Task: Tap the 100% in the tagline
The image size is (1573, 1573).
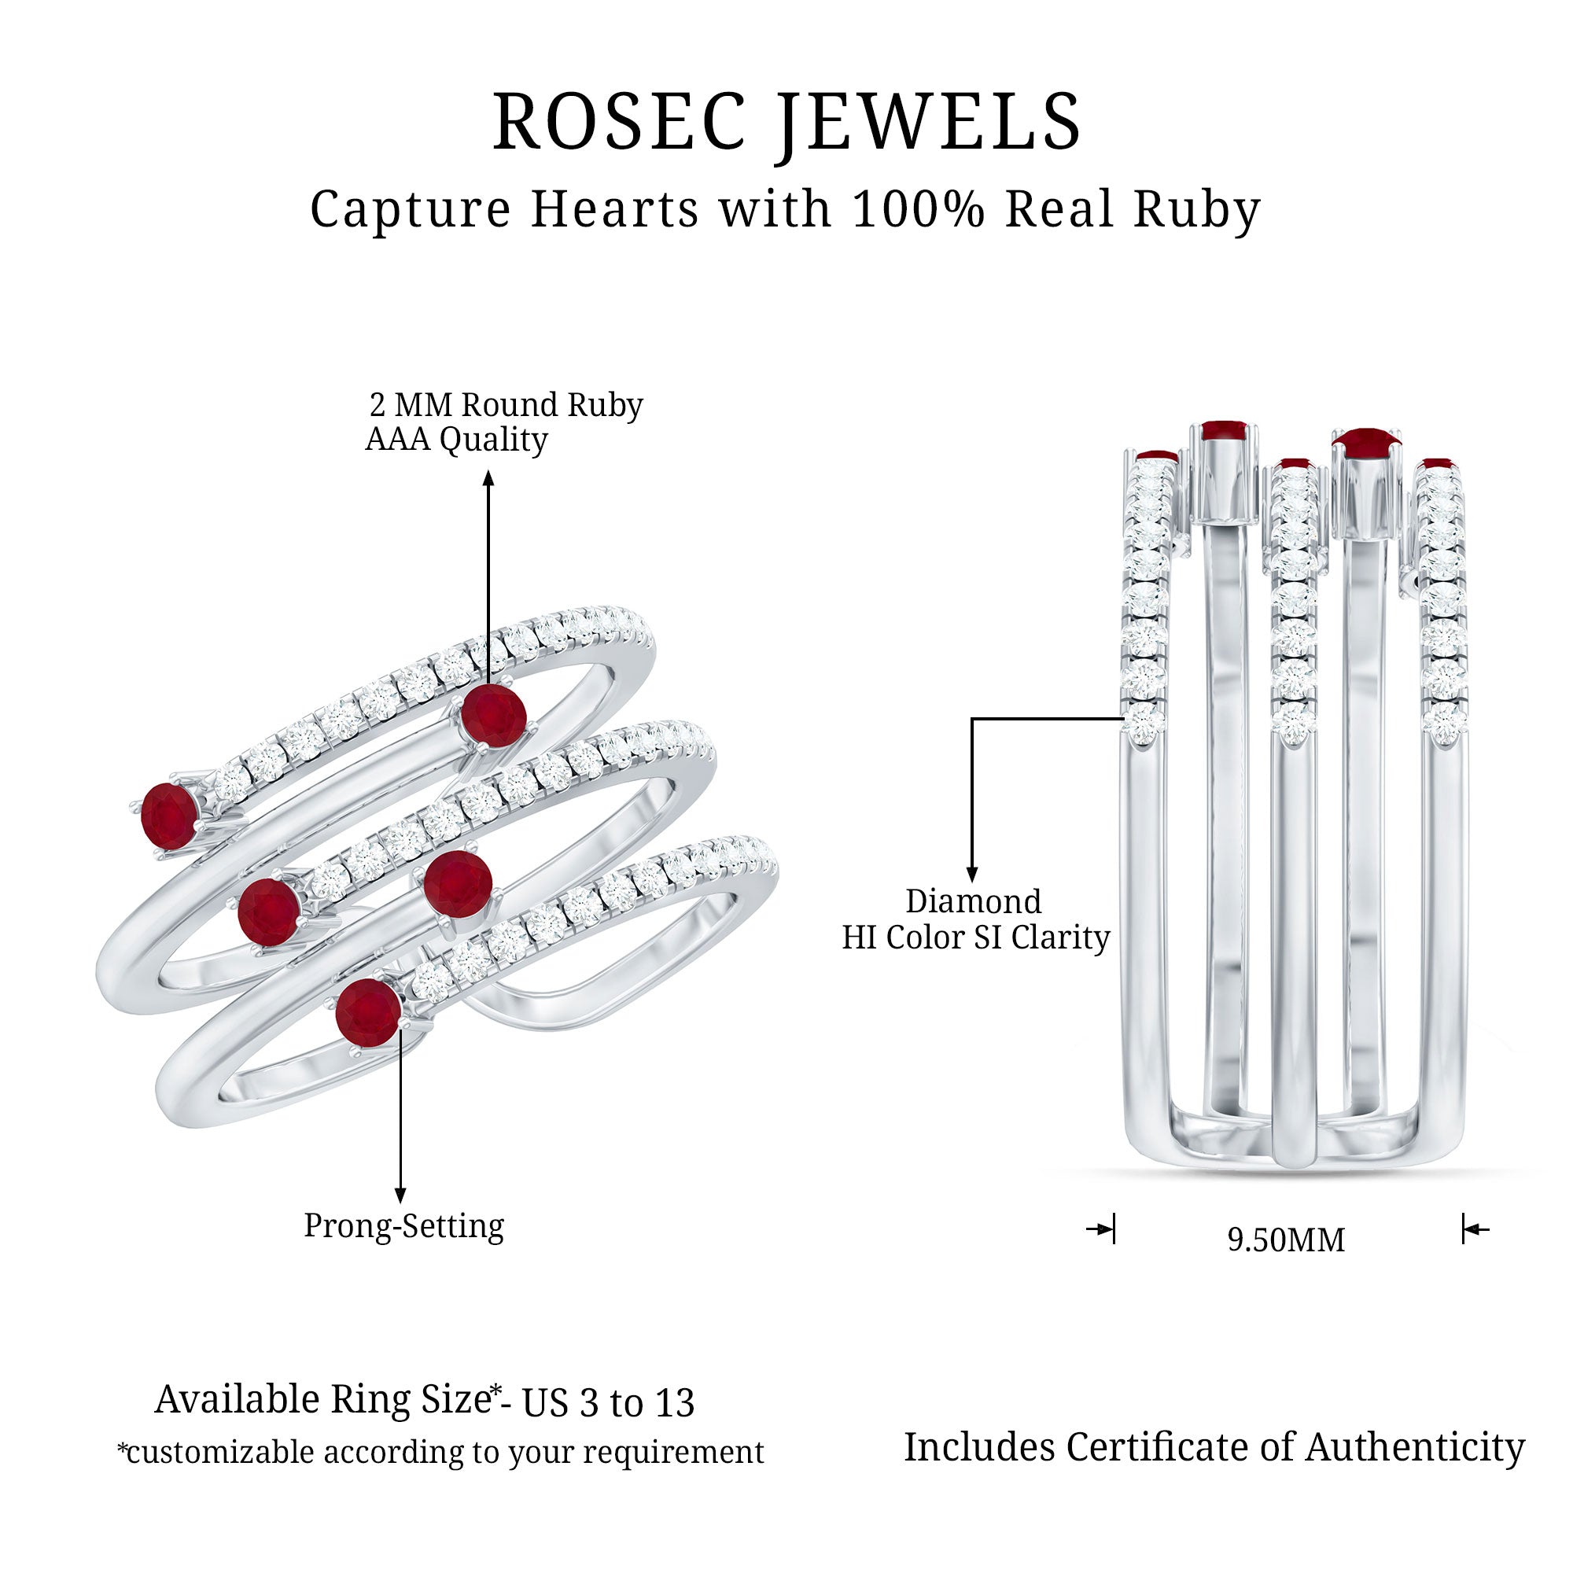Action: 918,210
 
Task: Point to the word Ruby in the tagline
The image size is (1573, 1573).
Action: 1197,210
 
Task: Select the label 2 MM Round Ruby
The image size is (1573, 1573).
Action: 506,404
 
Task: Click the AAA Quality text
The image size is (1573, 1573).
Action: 456,440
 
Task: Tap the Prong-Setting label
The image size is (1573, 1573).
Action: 403,1225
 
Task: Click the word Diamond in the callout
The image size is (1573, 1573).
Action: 973,901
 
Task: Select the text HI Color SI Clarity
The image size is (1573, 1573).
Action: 975,938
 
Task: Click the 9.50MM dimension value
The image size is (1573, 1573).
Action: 1286,1240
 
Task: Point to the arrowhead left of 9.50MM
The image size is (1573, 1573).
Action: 1104,1229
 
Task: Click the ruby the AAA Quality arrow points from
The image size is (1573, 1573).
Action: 492,715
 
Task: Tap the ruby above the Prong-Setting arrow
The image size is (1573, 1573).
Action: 368,1012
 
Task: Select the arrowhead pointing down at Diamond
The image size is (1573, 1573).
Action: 971,875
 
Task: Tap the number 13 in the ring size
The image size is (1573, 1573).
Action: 674,1403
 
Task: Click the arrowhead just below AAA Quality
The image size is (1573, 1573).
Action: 488,479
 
